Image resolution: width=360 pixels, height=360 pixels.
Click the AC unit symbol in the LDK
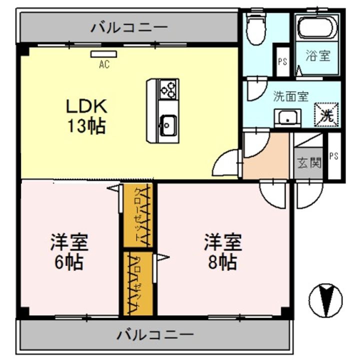tap(104, 54)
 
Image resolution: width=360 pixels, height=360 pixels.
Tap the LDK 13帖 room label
tap(86, 116)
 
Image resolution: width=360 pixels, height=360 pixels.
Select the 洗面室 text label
tap(290, 96)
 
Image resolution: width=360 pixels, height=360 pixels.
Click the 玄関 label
tap(309, 163)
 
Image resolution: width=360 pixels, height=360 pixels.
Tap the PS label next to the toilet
tap(282, 61)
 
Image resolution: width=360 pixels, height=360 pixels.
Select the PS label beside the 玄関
tap(334, 156)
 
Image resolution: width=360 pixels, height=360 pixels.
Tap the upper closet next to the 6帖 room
tap(138, 215)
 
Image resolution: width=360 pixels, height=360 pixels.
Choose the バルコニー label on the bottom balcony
tap(155, 334)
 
